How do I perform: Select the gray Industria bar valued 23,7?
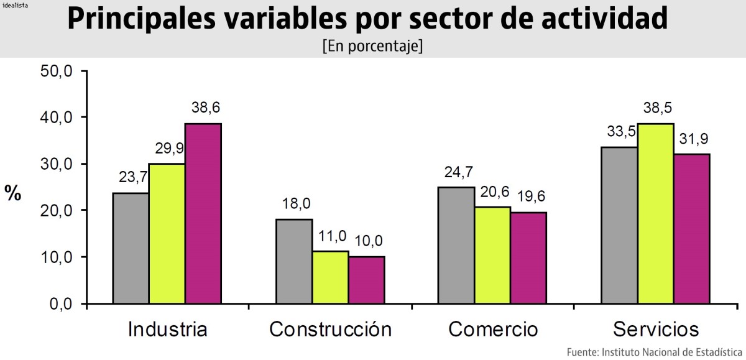131,248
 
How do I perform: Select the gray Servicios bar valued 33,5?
619,225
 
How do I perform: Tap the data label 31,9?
693,139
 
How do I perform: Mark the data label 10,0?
369,241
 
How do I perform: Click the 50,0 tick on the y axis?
57,71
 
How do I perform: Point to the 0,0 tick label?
61,304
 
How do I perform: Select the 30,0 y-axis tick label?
57,164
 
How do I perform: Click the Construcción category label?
330,329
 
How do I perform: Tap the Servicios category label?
656,329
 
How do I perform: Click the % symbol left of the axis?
13,193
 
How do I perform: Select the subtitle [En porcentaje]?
372,47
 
